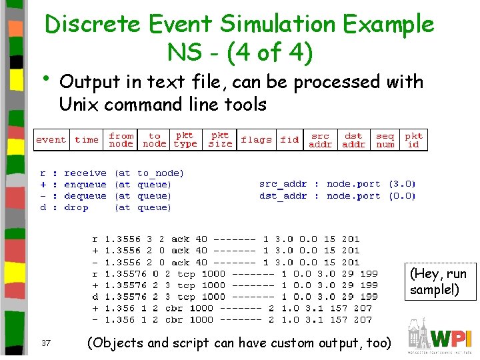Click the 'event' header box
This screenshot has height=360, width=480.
click(51, 140)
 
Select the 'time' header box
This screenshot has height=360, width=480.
click(87, 140)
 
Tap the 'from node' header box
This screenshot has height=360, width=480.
click(121, 140)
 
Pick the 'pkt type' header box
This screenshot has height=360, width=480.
click(185, 140)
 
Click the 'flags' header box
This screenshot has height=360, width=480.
click(256, 140)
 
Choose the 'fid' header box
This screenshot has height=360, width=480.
click(289, 140)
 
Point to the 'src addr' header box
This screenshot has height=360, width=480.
click(321, 140)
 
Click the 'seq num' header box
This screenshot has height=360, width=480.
click(385, 140)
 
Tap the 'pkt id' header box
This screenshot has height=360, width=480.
click(413, 140)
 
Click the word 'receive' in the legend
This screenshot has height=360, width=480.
click(85, 173)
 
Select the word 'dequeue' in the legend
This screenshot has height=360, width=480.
click(85, 196)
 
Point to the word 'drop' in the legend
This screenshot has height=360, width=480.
click(76, 207)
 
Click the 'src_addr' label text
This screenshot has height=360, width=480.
click(283, 184)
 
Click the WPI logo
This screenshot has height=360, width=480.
click(440, 337)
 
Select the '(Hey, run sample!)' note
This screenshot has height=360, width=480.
click(438, 281)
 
